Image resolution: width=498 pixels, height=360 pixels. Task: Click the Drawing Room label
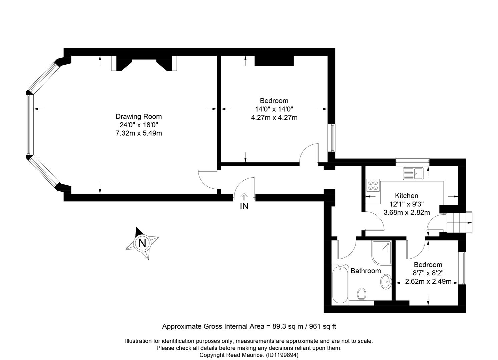coord(138,116)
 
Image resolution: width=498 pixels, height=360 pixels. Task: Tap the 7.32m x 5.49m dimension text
coord(139,133)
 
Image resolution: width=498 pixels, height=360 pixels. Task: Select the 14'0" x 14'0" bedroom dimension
coord(274,109)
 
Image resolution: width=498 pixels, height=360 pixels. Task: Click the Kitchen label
coord(406,196)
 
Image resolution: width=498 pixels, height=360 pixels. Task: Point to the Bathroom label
coord(366,271)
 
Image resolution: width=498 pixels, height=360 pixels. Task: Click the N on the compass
coord(142,243)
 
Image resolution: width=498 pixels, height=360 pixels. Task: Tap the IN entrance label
coord(244,206)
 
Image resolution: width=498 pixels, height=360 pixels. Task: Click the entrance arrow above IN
coord(244,197)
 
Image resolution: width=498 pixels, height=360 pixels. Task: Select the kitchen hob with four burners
coord(373,185)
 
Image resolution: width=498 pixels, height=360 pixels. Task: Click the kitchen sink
coord(413,174)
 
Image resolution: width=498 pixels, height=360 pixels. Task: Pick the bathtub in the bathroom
coord(340,284)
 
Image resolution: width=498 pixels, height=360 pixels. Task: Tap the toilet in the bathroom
coord(362,294)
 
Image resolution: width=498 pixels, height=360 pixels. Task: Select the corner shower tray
coord(381,253)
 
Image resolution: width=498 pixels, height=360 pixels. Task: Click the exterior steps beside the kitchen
coord(459,222)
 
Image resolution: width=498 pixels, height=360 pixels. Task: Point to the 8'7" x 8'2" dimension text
coord(428,273)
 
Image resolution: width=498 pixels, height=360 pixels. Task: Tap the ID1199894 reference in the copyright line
coord(282,355)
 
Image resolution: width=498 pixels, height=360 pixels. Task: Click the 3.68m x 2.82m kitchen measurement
coord(407,212)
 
